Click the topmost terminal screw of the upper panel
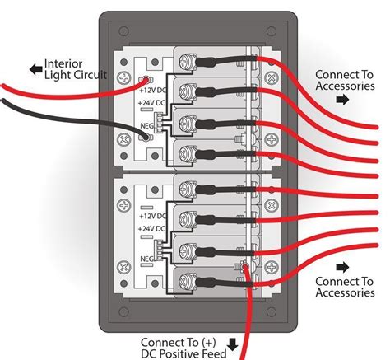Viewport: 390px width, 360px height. (x=188, y=59)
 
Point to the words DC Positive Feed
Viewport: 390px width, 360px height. (x=188, y=353)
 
